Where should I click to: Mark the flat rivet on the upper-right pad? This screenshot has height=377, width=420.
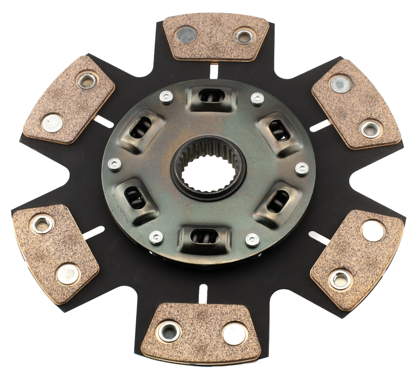[340, 84]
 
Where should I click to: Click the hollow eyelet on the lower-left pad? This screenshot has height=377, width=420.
[42, 224]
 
